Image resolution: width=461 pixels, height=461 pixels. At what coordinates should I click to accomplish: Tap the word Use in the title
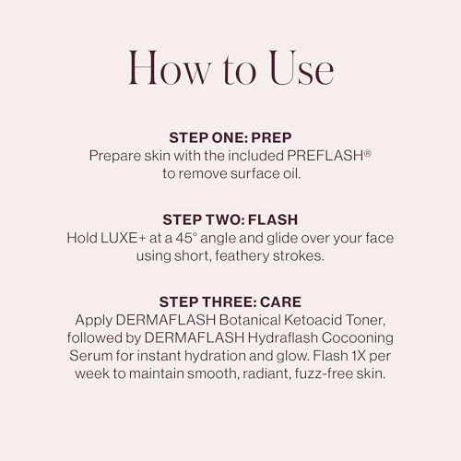[296, 68]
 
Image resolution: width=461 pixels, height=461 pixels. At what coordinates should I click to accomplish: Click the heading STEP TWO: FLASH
[230, 219]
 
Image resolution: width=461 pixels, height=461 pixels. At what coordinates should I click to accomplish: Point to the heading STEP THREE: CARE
[230, 301]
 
